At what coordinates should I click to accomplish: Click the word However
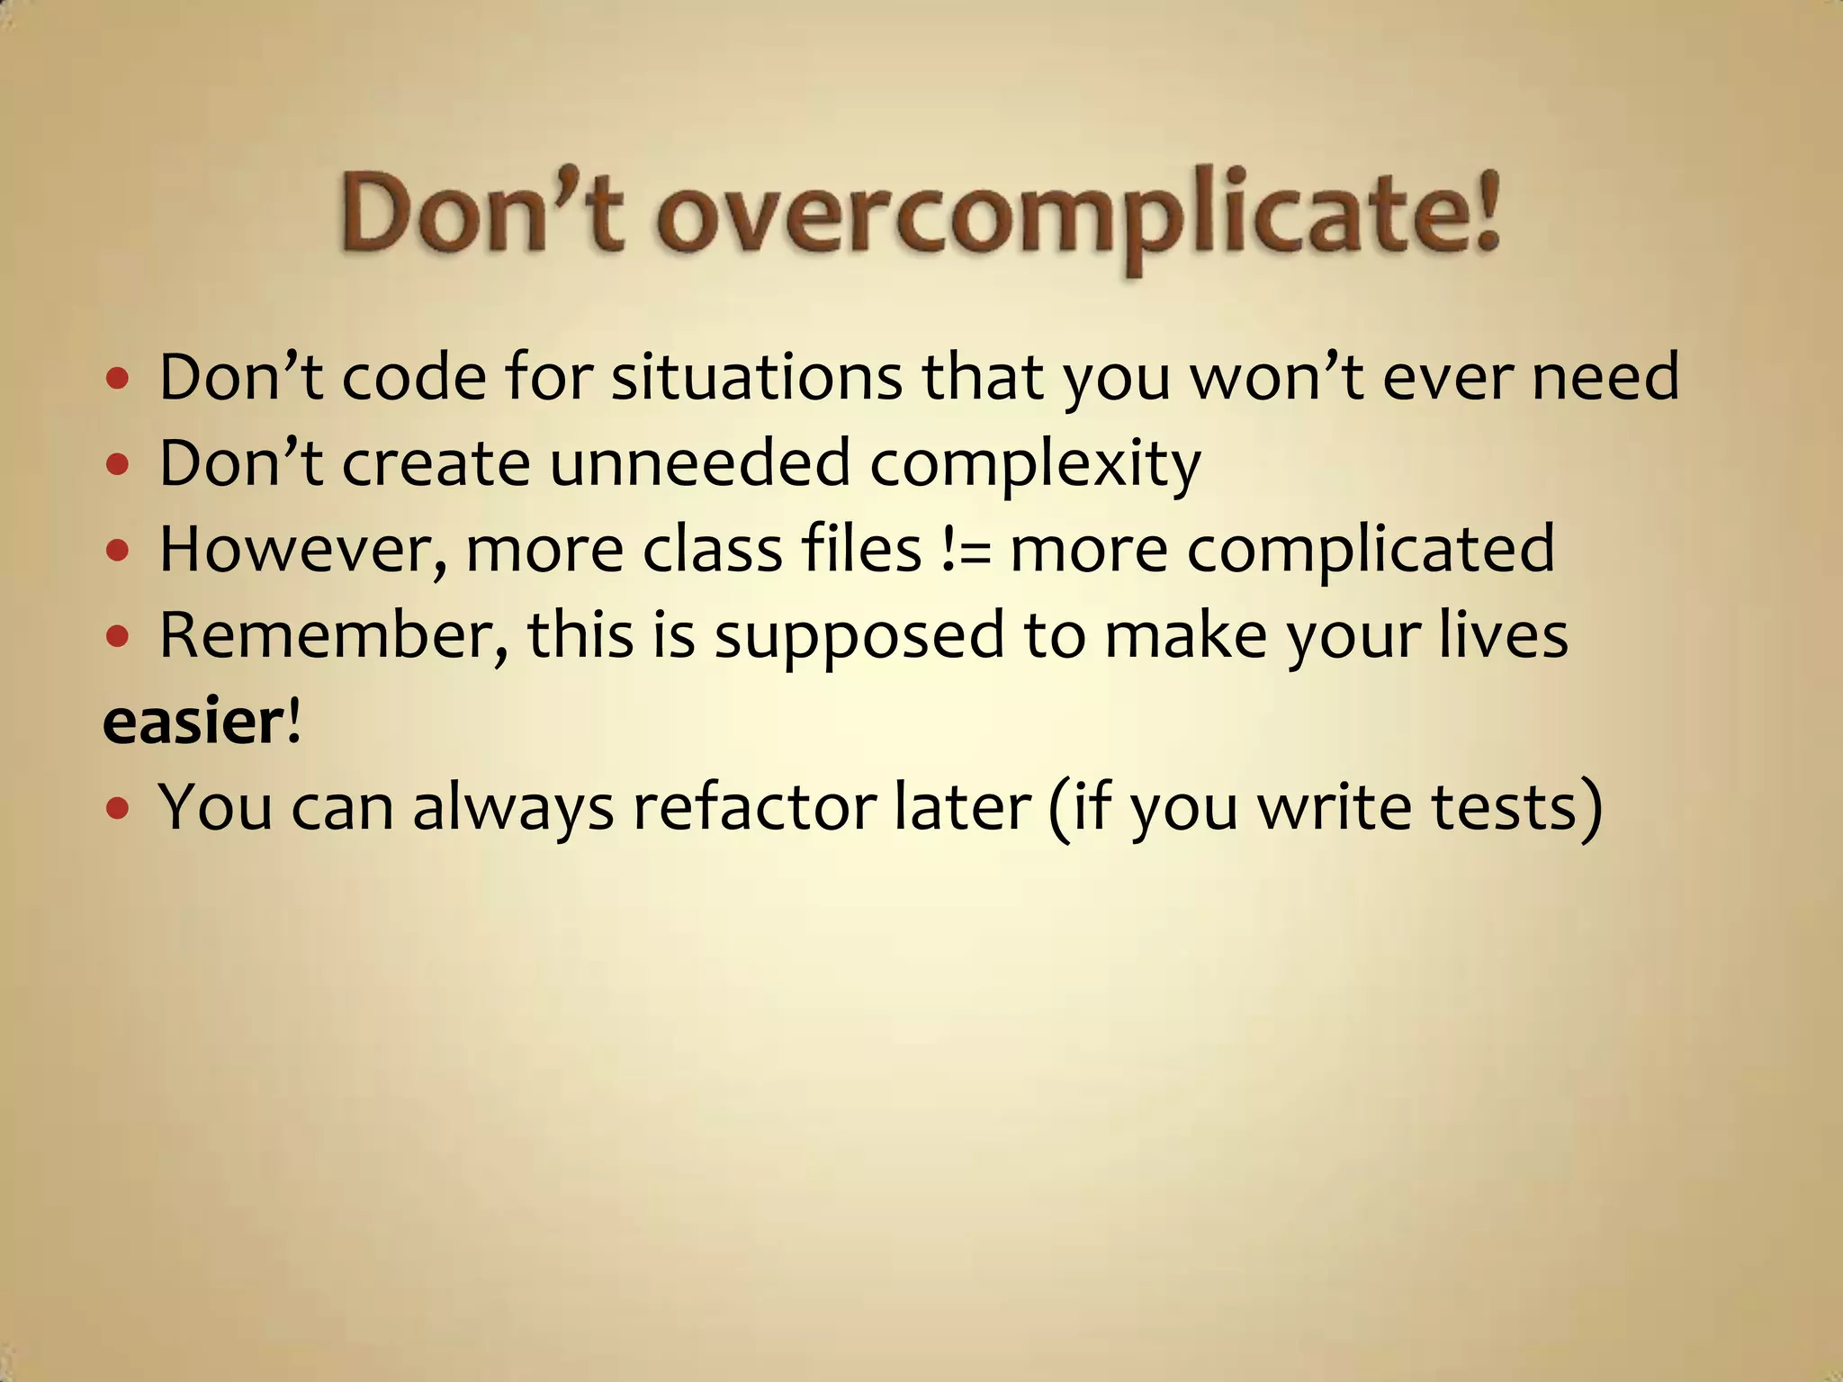point(302,549)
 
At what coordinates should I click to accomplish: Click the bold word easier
point(193,722)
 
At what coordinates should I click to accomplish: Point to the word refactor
point(754,806)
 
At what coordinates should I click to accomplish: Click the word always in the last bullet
point(513,808)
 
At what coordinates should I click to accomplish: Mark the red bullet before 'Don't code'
point(118,379)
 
